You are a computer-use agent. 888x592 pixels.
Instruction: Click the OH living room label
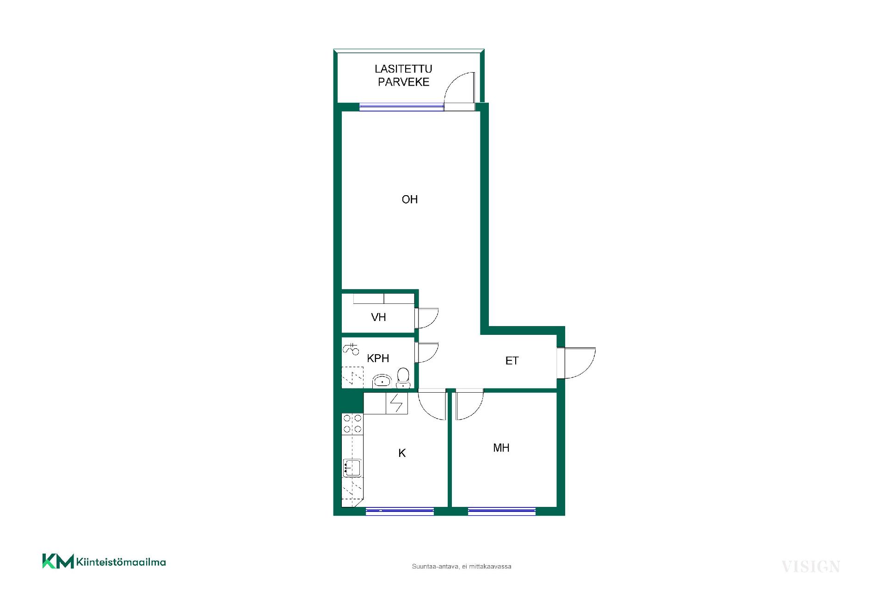[x=410, y=199]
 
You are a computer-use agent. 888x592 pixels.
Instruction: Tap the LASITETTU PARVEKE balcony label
[x=404, y=75]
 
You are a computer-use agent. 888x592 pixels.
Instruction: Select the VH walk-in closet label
[x=378, y=317]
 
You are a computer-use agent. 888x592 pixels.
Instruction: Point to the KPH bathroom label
[x=378, y=358]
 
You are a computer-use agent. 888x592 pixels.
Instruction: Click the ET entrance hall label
[x=512, y=361]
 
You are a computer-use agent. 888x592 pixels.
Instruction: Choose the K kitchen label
[x=402, y=453]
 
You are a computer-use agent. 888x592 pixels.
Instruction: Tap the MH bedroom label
[x=501, y=448]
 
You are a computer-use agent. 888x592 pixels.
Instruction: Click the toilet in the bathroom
[x=403, y=378]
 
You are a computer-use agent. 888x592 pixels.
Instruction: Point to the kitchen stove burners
[x=352, y=424]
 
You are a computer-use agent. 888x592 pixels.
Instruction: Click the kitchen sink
[x=352, y=468]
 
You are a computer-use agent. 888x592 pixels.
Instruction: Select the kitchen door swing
[x=432, y=405]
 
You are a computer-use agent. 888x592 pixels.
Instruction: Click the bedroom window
[x=502, y=511]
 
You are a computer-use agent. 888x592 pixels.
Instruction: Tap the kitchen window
[x=400, y=511]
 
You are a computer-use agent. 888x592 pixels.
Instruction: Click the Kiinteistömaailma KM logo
[x=104, y=561]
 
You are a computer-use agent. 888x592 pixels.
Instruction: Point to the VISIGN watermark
[x=811, y=567]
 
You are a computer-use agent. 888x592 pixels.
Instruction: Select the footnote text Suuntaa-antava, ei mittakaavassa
[x=462, y=567]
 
